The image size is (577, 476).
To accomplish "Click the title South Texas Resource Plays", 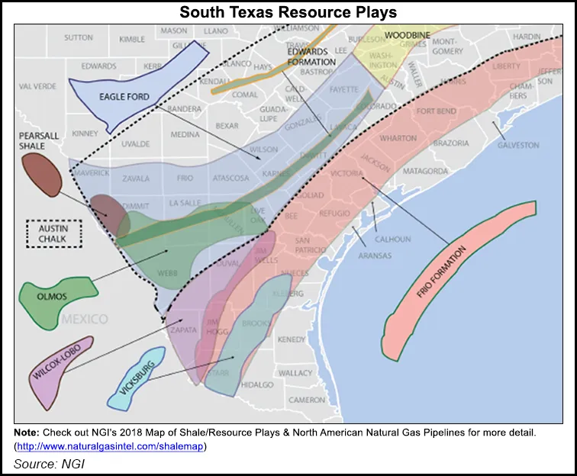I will (288, 12).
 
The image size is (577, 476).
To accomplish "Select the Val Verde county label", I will (38, 86).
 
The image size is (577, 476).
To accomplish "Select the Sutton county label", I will (78, 37).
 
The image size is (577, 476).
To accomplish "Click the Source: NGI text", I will (47, 463).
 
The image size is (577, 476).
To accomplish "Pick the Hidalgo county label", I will (256, 385).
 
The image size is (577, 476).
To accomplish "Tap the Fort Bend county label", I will (436, 111).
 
